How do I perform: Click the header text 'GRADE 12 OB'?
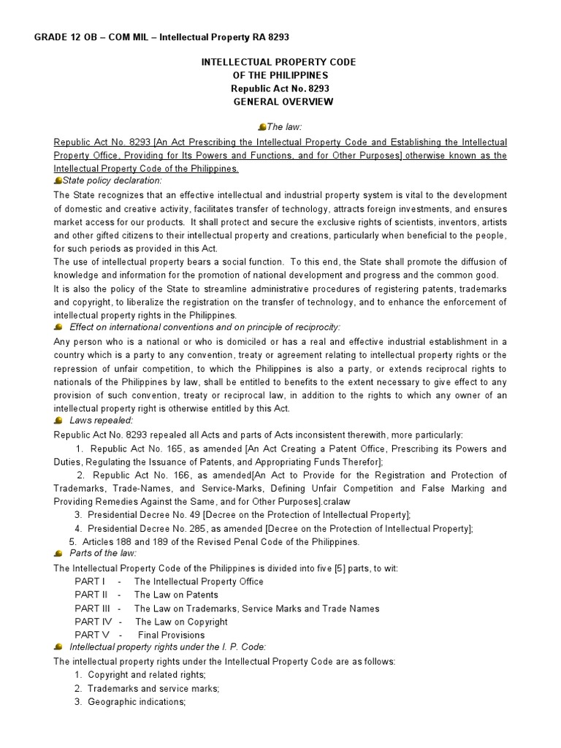coord(67,37)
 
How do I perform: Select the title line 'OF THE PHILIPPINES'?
coord(278,75)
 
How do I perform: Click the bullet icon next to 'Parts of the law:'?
coord(58,553)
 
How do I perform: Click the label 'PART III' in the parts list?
coord(93,608)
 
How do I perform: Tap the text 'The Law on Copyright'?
coord(180,622)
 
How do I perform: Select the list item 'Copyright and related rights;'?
coord(146,674)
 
